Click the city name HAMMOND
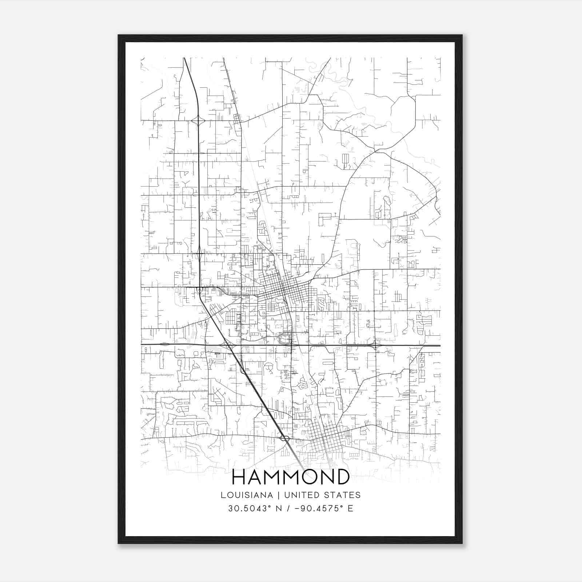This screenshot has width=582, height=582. (x=291, y=477)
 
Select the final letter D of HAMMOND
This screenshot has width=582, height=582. (x=342, y=477)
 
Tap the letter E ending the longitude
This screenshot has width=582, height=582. (x=350, y=509)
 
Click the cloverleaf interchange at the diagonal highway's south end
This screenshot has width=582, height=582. (x=285, y=438)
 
